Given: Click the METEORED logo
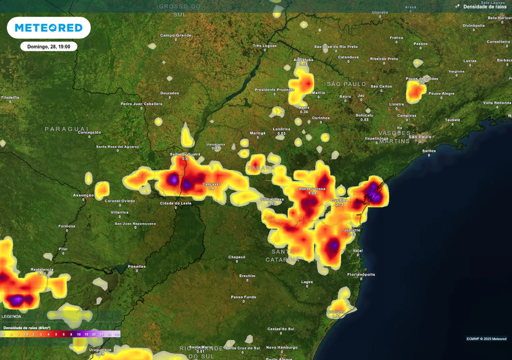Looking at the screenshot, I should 48,28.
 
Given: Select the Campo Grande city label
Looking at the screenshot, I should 175,35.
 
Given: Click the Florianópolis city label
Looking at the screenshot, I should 361,274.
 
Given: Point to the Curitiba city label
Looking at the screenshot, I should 339,200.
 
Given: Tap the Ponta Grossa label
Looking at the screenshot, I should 312,189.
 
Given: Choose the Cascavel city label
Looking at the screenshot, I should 211,184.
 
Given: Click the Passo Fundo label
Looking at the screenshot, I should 243,297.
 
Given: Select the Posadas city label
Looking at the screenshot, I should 136,266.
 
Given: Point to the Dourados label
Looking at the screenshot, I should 169,93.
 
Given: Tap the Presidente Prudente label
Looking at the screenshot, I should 274,89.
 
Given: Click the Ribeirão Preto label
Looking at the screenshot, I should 384,58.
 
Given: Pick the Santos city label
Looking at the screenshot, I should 428,150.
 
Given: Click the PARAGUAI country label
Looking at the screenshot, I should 66,128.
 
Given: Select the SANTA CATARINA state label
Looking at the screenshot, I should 282,255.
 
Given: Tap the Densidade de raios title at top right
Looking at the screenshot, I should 484,6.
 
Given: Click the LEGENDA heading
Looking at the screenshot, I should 11,316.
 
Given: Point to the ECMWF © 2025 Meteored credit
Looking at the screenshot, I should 486,338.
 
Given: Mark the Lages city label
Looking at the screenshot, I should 307,282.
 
